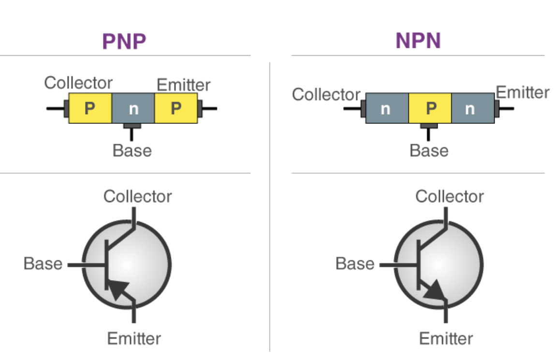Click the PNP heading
pos(124,42)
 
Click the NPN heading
pos(418,42)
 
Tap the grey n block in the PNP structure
pos(133,108)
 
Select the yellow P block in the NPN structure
pos(430,108)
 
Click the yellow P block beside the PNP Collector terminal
pos(90,108)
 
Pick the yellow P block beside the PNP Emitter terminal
pos(176,108)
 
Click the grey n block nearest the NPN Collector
pos(386,108)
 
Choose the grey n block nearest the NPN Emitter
pos(470,108)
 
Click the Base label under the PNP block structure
pos(132,150)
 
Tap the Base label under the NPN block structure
pos(429,150)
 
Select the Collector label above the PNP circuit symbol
pos(138,196)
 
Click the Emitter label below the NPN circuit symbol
pos(446,338)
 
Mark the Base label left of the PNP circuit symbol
pos(43,264)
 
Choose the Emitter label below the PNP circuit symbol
pos(134,338)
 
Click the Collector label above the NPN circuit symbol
pos(450,196)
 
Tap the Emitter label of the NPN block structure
pos(523,92)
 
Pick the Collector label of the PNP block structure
pos(78,83)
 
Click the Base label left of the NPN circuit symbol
pos(355,264)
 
